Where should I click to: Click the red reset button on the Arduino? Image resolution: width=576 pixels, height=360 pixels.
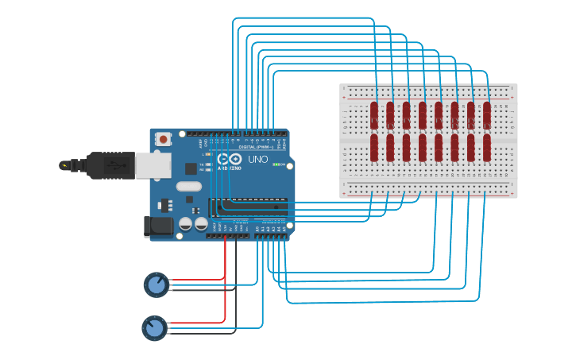click(164, 139)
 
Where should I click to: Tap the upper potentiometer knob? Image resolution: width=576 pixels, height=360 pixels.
click(157, 284)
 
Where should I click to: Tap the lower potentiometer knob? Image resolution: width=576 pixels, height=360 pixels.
click(154, 327)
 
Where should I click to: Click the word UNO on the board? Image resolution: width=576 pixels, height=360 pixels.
click(258, 159)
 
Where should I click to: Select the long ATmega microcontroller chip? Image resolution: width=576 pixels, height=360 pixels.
click(248, 207)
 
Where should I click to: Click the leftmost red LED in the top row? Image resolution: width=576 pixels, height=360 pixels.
click(374, 114)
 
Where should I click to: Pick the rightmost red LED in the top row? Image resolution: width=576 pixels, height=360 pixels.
click(487, 114)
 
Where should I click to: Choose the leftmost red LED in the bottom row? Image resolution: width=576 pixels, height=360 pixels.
click(374, 147)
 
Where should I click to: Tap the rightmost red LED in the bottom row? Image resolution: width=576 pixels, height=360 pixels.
click(487, 147)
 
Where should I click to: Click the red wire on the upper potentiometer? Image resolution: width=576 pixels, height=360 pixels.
click(199, 280)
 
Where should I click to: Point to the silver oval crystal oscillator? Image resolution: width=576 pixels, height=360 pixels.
click(189, 187)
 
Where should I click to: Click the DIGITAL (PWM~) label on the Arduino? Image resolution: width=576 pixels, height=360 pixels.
click(255, 147)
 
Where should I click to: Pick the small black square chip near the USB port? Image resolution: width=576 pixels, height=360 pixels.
click(191, 168)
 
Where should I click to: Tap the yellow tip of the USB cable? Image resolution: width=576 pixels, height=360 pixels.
click(63, 166)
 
